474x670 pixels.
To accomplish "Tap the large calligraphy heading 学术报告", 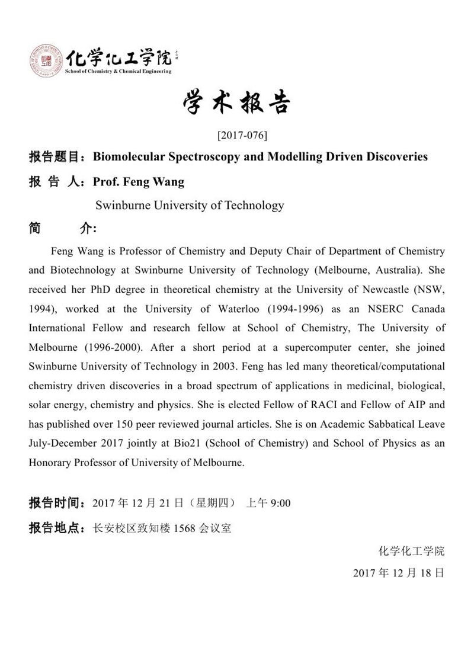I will [x=236, y=104].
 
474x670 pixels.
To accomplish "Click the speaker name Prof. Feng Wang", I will [x=139, y=181].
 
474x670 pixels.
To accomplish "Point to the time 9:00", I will [x=280, y=504].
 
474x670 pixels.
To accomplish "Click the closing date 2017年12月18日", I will [x=398, y=573].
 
